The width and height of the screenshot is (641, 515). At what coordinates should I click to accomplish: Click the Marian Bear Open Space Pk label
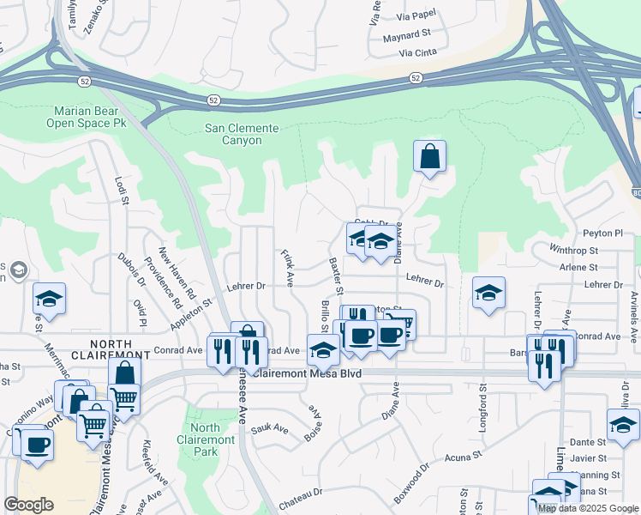pos(91,118)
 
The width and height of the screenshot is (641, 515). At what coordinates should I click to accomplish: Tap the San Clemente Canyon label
pos(242,135)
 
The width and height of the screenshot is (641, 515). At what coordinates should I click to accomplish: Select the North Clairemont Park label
pos(205,439)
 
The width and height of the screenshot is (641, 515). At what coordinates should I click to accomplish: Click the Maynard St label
pos(406,34)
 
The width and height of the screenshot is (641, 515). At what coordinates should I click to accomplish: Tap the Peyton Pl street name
pos(603,233)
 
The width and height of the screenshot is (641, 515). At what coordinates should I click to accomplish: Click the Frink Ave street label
pos(288,268)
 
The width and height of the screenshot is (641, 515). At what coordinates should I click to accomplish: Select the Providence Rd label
pos(163,282)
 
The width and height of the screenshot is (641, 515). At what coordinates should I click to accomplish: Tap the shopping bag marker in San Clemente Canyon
pos(429,157)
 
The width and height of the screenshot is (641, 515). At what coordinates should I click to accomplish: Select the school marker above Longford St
pos(488,294)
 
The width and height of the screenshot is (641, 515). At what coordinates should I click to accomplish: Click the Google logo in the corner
pos(28,505)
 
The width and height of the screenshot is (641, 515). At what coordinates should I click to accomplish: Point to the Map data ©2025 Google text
pos(587,508)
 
